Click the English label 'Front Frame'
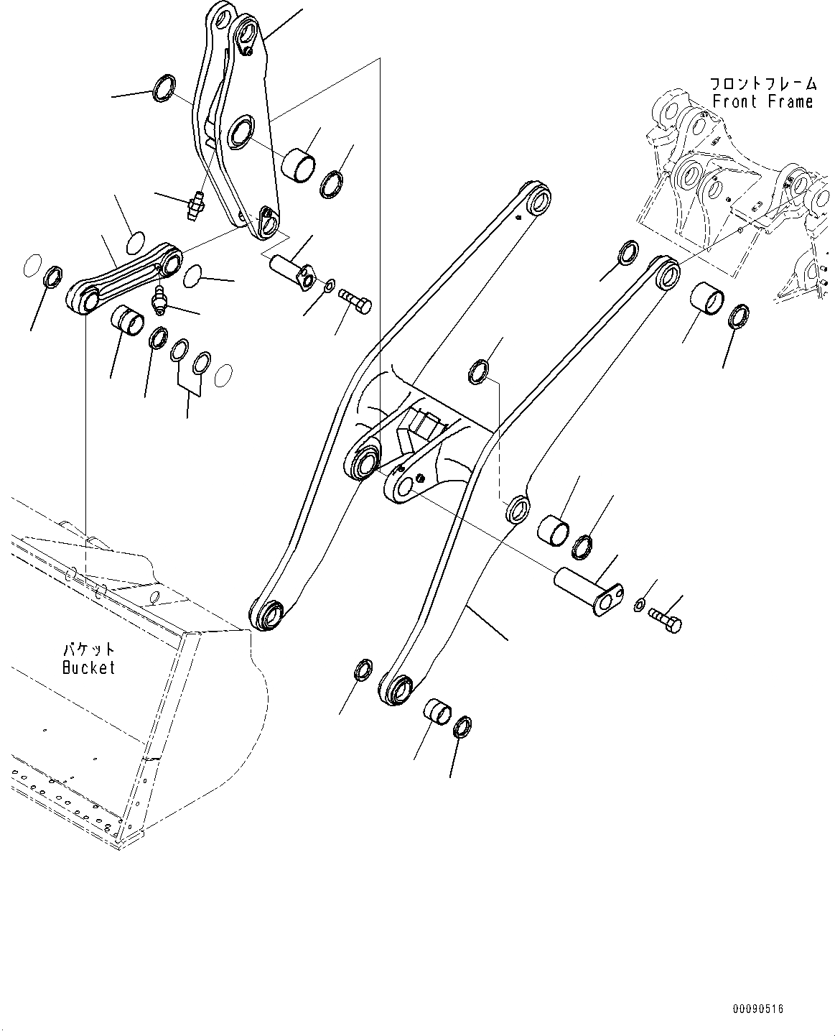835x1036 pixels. tap(762, 102)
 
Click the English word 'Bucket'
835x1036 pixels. tap(88, 667)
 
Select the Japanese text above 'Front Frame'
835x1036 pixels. tap(762, 83)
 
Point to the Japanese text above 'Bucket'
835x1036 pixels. tap(88, 649)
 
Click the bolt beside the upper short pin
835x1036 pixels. tap(356, 301)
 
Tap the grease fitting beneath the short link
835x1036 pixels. tap(159, 300)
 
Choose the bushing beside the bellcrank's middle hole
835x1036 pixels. tap(299, 164)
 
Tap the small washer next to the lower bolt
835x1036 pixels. tap(638, 606)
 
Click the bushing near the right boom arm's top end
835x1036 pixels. tap(705, 300)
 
